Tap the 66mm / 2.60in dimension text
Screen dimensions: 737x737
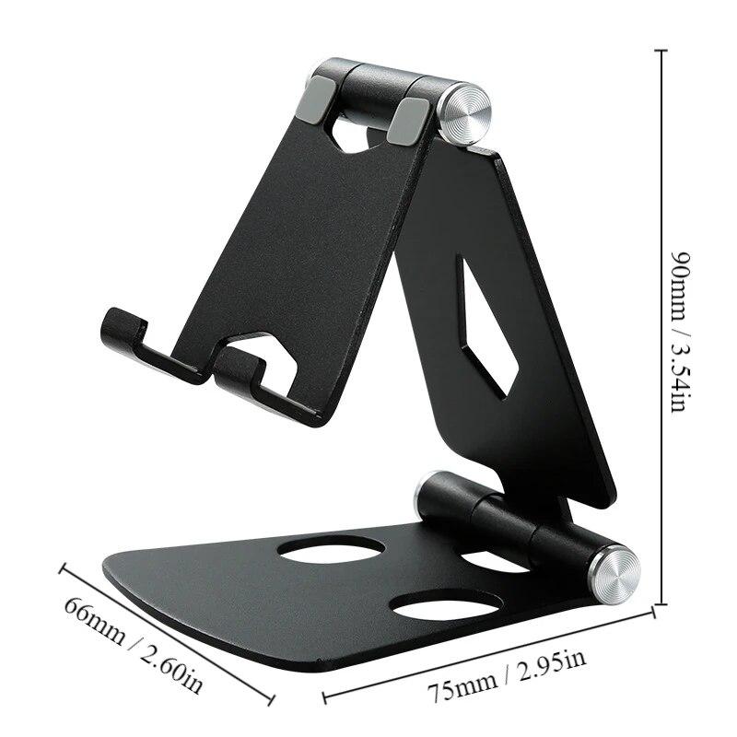pos(134,644)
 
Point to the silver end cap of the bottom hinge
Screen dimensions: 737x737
pos(614,574)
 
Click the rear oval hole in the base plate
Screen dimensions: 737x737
pos(332,549)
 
